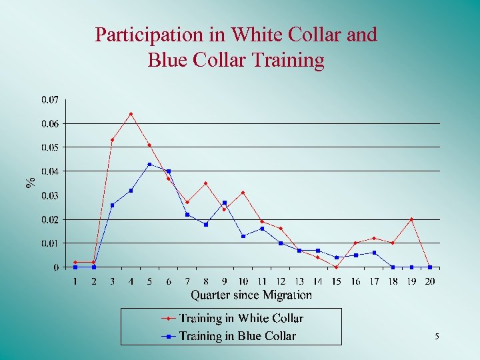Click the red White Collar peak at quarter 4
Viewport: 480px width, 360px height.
(131, 114)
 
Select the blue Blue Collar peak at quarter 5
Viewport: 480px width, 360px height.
(149, 164)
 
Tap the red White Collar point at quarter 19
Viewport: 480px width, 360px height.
(411, 219)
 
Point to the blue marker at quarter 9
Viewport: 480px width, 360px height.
(225, 202)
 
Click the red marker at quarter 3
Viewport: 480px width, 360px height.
(112, 140)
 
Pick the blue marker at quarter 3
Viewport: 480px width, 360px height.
(112, 205)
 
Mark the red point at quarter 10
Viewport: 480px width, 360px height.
(243, 193)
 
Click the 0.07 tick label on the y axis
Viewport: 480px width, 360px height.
(50, 100)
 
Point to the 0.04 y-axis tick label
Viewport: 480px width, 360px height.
(50, 171)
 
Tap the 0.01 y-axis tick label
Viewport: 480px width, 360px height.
(50, 243)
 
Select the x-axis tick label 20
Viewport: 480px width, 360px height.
(429, 281)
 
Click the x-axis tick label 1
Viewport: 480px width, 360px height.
(75, 281)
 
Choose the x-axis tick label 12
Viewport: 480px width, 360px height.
(280, 281)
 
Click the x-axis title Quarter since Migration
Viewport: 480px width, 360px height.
(251, 295)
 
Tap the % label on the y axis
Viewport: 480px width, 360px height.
(30, 182)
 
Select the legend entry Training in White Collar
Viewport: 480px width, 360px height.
(241, 319)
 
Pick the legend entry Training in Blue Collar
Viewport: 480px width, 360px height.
(237, 336)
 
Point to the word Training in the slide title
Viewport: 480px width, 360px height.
(289, 60)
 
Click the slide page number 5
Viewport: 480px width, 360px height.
(437, 337)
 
